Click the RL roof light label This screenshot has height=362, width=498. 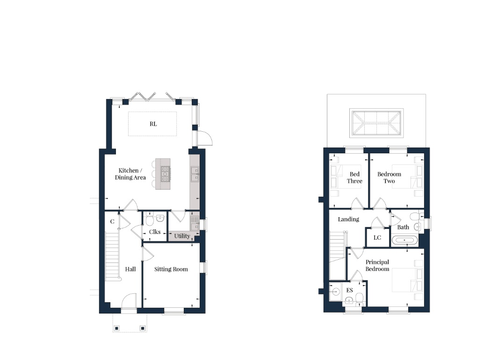point(153,124)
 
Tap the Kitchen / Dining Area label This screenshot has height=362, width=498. point(130,174)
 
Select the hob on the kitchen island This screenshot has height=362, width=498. point(165,173)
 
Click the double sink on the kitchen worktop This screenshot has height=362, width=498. point(195,173)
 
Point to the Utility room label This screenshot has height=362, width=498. point(182,236)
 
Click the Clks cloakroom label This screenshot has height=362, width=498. point(154,232)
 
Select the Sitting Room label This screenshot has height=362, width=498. point(171,269)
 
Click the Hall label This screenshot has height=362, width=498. point(130,269)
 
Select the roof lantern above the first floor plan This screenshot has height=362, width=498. point(376,122)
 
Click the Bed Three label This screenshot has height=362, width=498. point(354,177)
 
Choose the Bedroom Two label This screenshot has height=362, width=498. point(389,177)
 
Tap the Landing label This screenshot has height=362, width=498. point(348,219)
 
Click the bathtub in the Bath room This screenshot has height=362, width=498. point(404,240)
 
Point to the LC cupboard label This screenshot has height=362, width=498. point(377,237)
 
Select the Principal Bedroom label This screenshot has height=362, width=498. point(377,265)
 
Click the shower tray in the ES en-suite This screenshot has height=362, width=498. point(335,291)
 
